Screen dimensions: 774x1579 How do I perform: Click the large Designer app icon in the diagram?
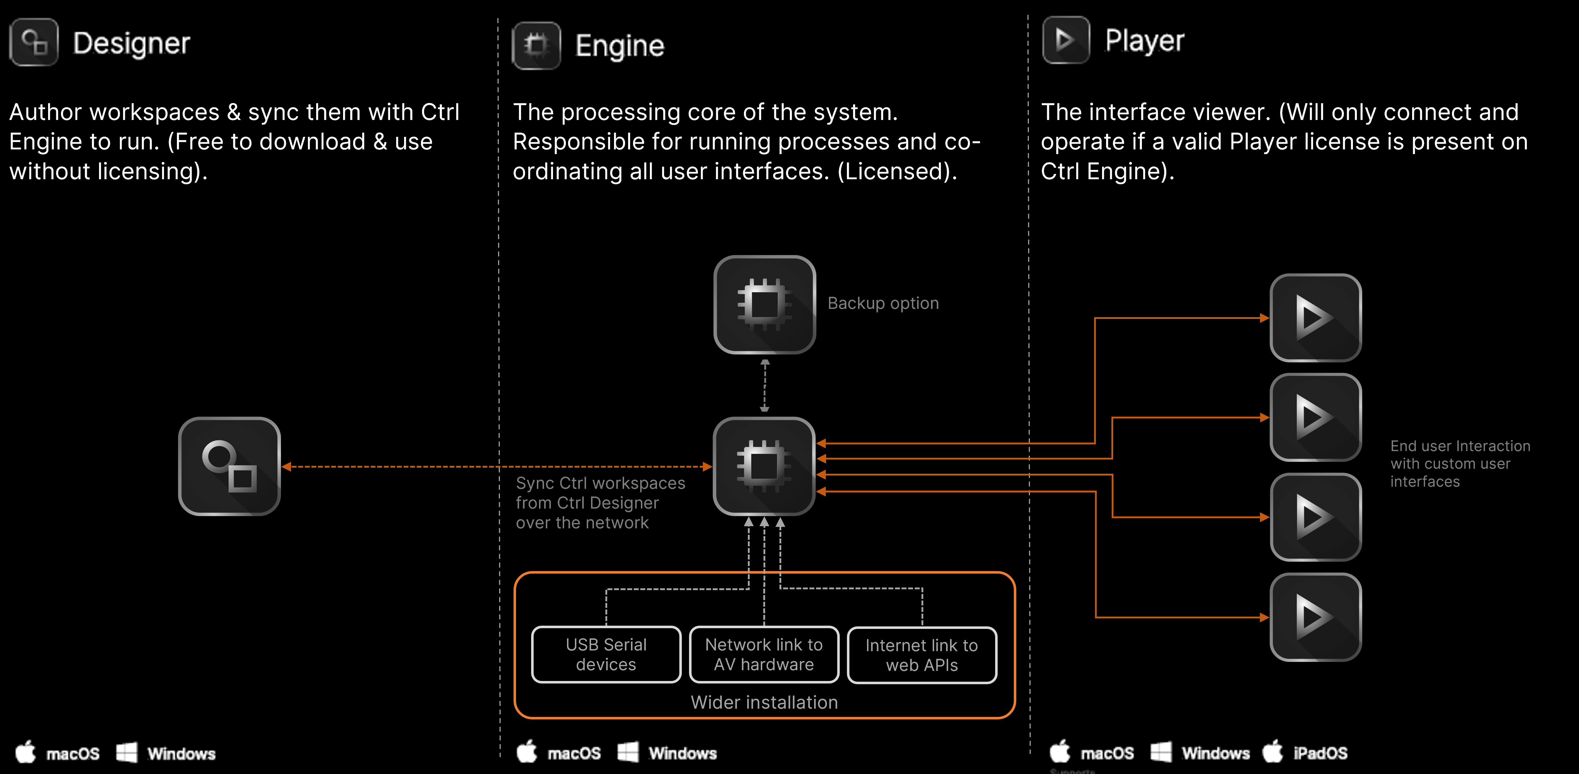[229, 466]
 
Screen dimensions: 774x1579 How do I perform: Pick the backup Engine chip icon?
[764, 304]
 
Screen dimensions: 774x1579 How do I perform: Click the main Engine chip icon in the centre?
[764, 466]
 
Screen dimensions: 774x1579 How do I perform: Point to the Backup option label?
[883, 303]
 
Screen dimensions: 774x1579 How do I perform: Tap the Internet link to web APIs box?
[921, 655]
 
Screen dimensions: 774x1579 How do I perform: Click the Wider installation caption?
[764, 702]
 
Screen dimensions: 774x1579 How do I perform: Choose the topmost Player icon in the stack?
[1316, 318]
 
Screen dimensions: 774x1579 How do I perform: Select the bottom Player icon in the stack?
[1316, 617]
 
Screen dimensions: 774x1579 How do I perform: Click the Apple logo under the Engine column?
[526, 752]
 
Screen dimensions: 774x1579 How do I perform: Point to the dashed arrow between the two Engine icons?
[764, 385]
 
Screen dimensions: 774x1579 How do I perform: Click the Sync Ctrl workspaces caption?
[600, 503]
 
